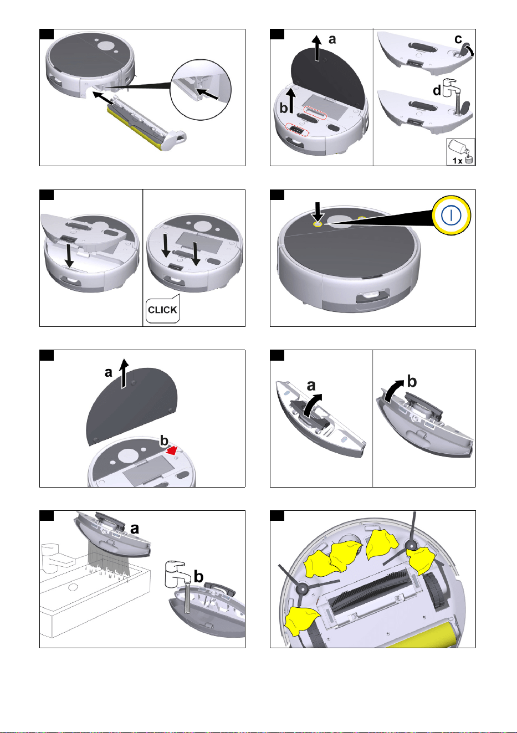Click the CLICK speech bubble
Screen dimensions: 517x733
[162, 309]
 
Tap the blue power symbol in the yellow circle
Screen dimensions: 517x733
[451, 215]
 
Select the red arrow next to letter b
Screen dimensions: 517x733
[172, 450]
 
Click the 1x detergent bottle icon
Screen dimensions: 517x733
[460, 152]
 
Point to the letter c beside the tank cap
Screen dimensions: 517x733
[458, 39]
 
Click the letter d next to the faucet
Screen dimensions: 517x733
[437, 90]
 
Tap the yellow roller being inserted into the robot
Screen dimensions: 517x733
[135, 130]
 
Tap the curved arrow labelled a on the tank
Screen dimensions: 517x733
[313, 405]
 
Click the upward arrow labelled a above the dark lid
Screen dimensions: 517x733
[317, 48]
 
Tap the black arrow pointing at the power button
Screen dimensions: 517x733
[318, 212]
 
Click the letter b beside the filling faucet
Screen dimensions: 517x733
[198, 577]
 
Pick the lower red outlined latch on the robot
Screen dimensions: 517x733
[297, 130]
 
